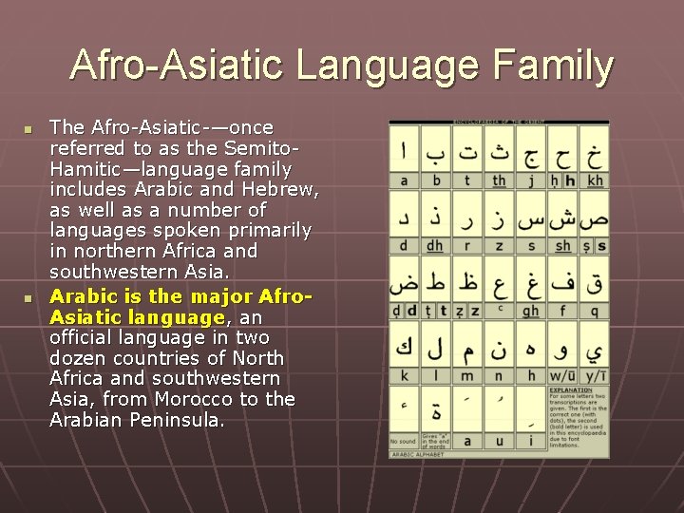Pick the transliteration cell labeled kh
point(595,180)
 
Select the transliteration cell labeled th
point(499,180)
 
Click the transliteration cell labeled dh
point(435,245)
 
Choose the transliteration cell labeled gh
point(530,310)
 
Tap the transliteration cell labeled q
point(595,310)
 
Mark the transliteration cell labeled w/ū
point(562,375)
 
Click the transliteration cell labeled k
point(404,375)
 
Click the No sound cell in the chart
point(403,441)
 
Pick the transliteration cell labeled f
point(562,310)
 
